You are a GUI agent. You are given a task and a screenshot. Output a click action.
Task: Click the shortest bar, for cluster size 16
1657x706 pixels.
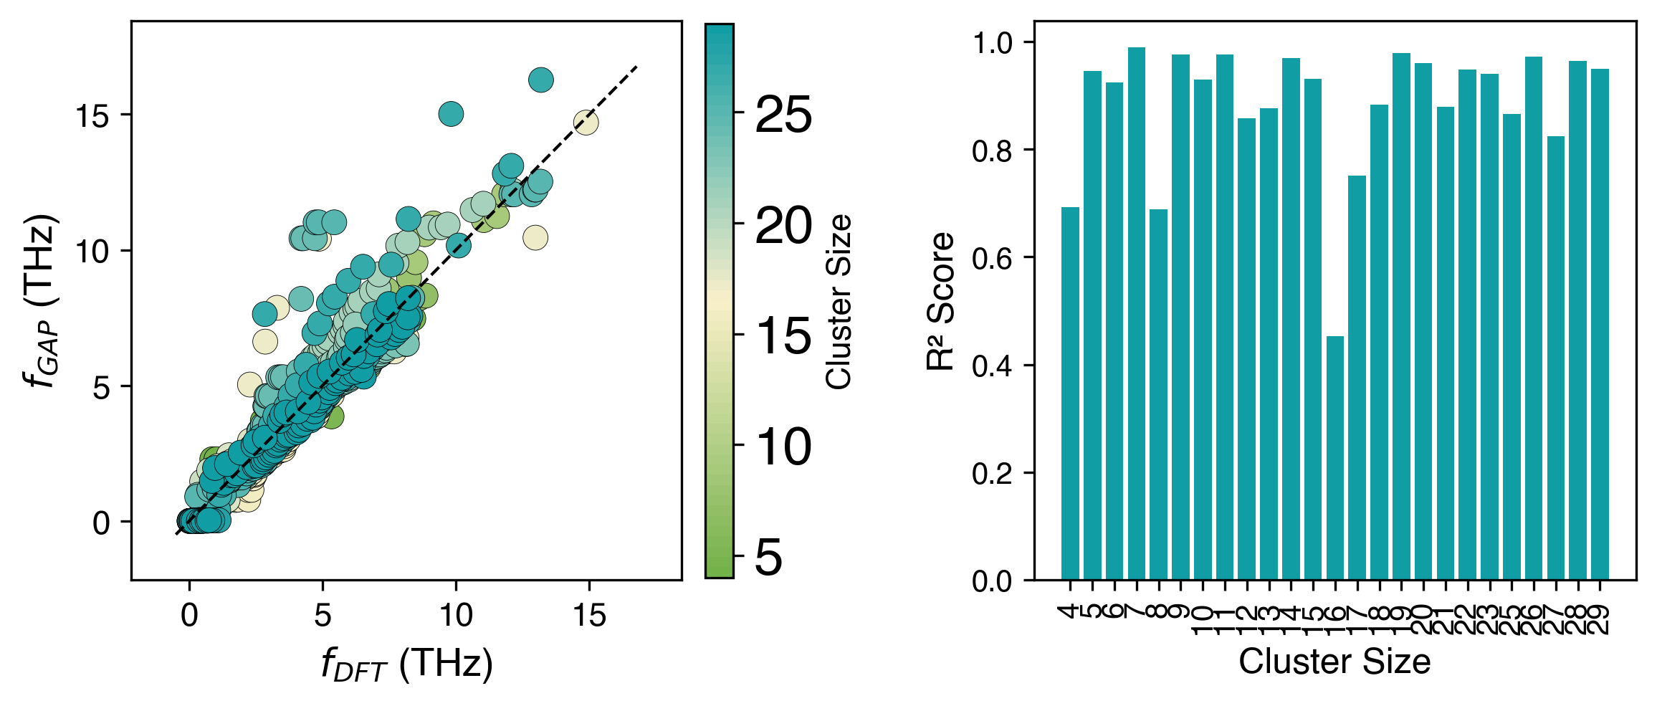pyautogui.click(x=1335, y=458)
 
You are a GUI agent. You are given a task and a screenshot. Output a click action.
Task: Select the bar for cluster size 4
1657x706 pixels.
pyautogui.click(x=1070, y=393)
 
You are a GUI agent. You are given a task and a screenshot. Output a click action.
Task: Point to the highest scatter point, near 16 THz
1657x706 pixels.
pyautogui.click(x=541, y=80)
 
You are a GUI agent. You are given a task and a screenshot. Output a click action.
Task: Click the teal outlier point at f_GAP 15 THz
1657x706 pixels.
pyautogui.click(x=451, y=113)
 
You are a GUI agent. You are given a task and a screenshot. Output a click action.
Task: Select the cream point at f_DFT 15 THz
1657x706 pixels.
pyautogui.click(x=586, y=123)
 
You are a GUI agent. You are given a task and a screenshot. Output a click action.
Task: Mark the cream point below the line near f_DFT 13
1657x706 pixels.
pyautogui.click(x=535, y=237)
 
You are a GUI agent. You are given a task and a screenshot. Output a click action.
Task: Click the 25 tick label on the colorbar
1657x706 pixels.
pyautogui.click(x=783, y=115)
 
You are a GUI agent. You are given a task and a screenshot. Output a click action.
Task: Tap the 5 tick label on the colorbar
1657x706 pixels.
pyautogui.click(x=769, y=558)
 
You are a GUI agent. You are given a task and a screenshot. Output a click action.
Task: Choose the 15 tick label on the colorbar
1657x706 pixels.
pyautogui.click(x=783, y=336)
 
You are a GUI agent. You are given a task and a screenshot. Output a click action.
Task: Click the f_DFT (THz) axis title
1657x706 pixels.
pyautogui.click(x=406, y=664)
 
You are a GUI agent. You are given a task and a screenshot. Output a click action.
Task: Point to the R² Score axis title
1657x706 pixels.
pyautogui.click(x=941, y=301)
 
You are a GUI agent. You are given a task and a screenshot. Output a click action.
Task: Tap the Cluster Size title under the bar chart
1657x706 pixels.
pyautogui.click(x=1334, y=662)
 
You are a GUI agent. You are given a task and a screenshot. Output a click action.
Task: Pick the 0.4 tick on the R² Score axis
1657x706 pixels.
pyautogui.click(x=992, y=366)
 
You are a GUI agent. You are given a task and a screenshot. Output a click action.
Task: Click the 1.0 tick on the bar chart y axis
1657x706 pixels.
pyautogui.click(x=992, y=43)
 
